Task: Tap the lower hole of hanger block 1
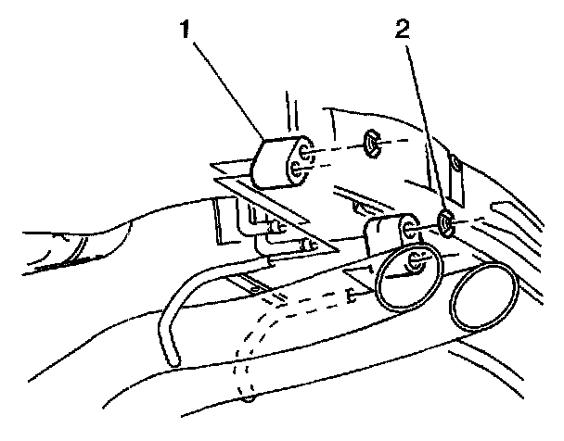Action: tap(297, 170)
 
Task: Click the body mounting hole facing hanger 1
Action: tap(370, 144)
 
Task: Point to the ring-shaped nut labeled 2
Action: tap(445, 222)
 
